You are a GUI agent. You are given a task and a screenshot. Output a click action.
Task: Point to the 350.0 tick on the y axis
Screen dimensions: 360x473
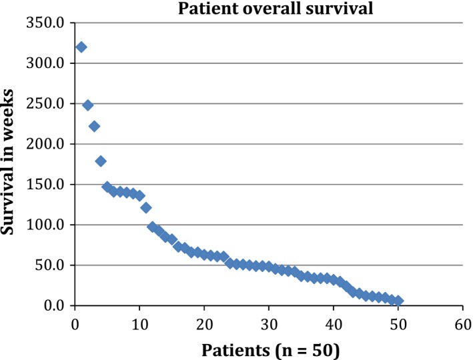click(x=46, y=23)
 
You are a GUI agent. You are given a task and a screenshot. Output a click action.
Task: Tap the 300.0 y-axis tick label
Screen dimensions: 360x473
click(x=46, y=64)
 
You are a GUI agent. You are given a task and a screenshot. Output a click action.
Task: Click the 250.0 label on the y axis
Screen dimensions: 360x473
click(x=46, y=104)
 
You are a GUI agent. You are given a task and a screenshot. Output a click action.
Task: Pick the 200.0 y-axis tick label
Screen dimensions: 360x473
click(x=46, y=145)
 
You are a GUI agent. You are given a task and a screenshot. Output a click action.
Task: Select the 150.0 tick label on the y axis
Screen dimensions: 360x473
click(x=46, y=185)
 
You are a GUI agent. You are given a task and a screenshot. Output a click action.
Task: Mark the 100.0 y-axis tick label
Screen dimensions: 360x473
click(x=46, y=225)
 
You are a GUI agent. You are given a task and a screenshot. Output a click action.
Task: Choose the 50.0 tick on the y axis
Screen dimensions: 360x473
click(x=49, y=265)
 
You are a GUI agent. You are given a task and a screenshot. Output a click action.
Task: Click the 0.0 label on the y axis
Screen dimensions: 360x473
click(x=53, y=306)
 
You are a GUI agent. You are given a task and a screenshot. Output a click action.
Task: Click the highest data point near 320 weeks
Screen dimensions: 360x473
click(x=81, y=47)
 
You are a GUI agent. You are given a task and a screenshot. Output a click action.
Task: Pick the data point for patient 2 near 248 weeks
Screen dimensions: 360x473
click(x=88, y=105)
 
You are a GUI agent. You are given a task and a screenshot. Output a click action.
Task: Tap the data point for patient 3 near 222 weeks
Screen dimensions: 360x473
click(x=94, y=126)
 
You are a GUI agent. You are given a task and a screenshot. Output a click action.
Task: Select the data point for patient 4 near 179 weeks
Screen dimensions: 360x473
click(x=101, y=161)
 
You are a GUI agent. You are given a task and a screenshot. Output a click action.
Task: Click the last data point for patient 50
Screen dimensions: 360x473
click(x=398, y=301)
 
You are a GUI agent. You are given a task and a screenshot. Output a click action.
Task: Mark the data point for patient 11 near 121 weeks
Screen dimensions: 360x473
click(x=146, y=207)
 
